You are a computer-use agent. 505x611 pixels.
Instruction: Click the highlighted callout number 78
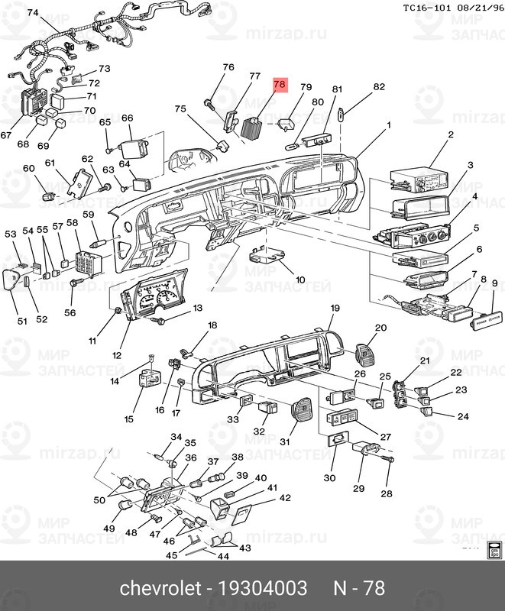click(x=280, y=85)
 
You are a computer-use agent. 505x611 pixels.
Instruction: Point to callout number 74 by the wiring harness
click(x=32, y=13)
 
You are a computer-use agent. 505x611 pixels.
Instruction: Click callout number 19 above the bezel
click(x=335, y=308)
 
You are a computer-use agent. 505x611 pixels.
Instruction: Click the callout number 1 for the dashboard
click(x=388, y=124)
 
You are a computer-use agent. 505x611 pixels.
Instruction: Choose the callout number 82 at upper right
click(x=379, y=88)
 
